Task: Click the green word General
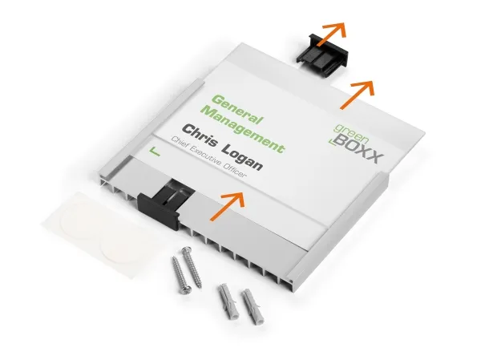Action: click(x=237, y=109)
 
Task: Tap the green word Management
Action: click(x=243, y=130)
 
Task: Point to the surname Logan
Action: click(x=242, y=158)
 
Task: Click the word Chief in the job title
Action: click(x=179, y=144)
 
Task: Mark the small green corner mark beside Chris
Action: click(x=154, y=152)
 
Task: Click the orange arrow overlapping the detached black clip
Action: click(x=332, y=34)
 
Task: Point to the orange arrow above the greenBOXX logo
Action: click(x=358, y=95)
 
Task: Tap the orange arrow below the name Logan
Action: click(x=228, y=205)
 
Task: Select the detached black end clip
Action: click(x=322, y=55)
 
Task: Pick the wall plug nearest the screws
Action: click(x=228, y=302)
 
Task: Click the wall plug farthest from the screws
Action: click(x=253, y=306)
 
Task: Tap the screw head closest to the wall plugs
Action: click(x=186, y=289)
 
